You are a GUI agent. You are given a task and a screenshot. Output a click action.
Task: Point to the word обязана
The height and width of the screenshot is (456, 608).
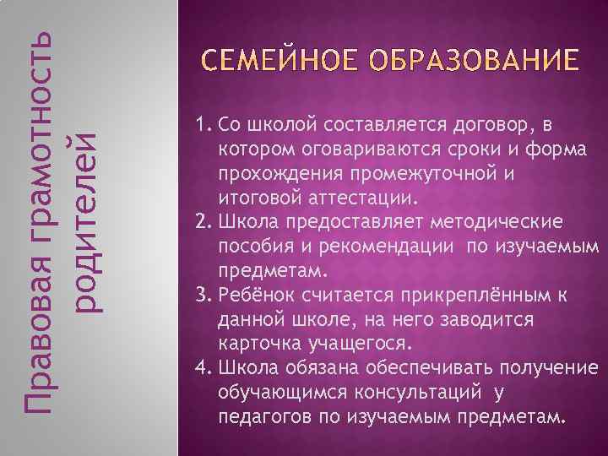click(x=318, y=369)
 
